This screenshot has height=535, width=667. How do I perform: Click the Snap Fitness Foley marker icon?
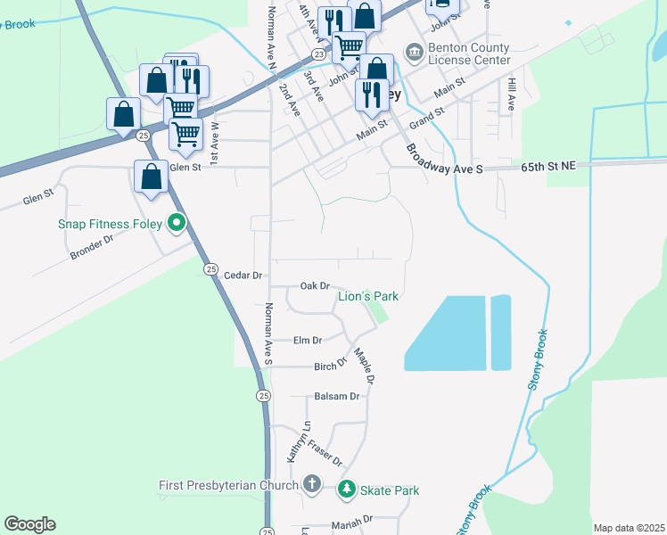point(177,223)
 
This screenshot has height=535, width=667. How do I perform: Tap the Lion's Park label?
point(366,296)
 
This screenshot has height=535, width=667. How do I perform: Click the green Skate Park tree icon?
point(346,490)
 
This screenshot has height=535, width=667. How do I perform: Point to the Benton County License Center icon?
point(415,53)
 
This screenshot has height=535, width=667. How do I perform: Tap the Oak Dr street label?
point(315,285)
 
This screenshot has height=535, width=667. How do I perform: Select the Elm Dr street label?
point(307,340)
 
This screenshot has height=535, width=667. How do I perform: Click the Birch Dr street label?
point(329,366)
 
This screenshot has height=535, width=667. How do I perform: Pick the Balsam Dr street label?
point(336,396)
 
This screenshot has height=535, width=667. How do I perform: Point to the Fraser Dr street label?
point(325,453)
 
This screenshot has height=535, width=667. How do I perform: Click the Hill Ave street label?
point(512,93)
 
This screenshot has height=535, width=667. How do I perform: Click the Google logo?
point(29,524)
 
